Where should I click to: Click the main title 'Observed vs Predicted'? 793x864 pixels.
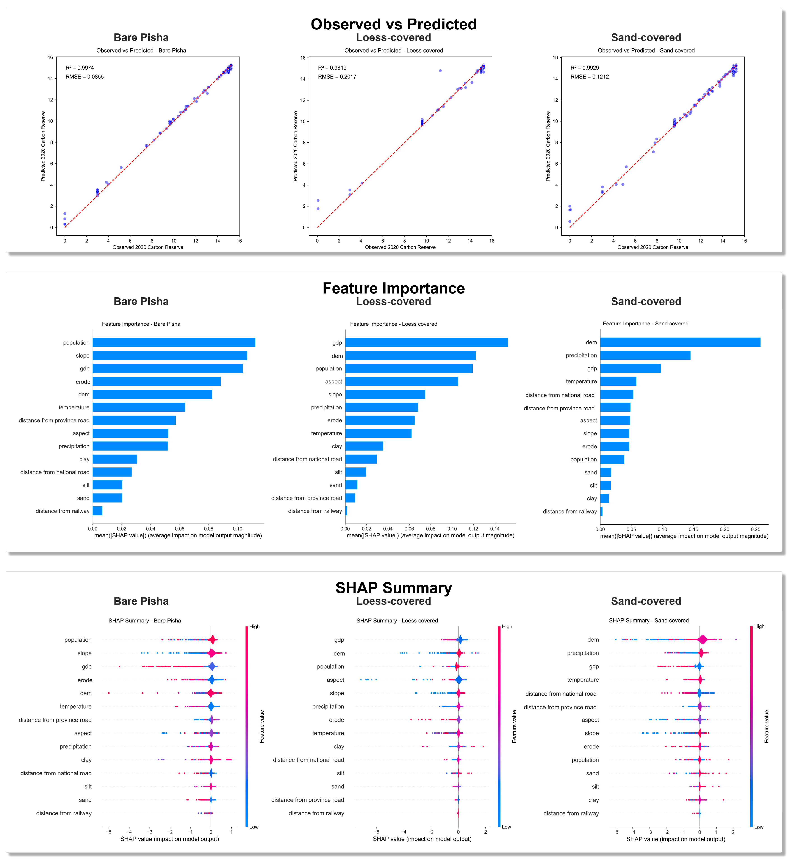coord(393,24)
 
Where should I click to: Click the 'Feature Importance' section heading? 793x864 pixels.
coord(393,288)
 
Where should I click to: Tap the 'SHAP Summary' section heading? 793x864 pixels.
coord(393,588)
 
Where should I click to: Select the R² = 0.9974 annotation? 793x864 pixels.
coord(80,68)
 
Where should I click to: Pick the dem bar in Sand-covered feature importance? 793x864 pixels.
coord(680,342)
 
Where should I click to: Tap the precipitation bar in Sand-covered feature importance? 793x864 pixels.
coord(645,355)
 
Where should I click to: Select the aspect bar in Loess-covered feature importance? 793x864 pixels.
coord(402,381)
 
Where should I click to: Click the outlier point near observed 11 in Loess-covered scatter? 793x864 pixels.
coord(440,70)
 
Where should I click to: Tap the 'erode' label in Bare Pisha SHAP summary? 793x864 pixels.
coord(85,680)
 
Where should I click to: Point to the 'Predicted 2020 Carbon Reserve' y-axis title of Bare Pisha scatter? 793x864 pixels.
coord(43,146)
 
